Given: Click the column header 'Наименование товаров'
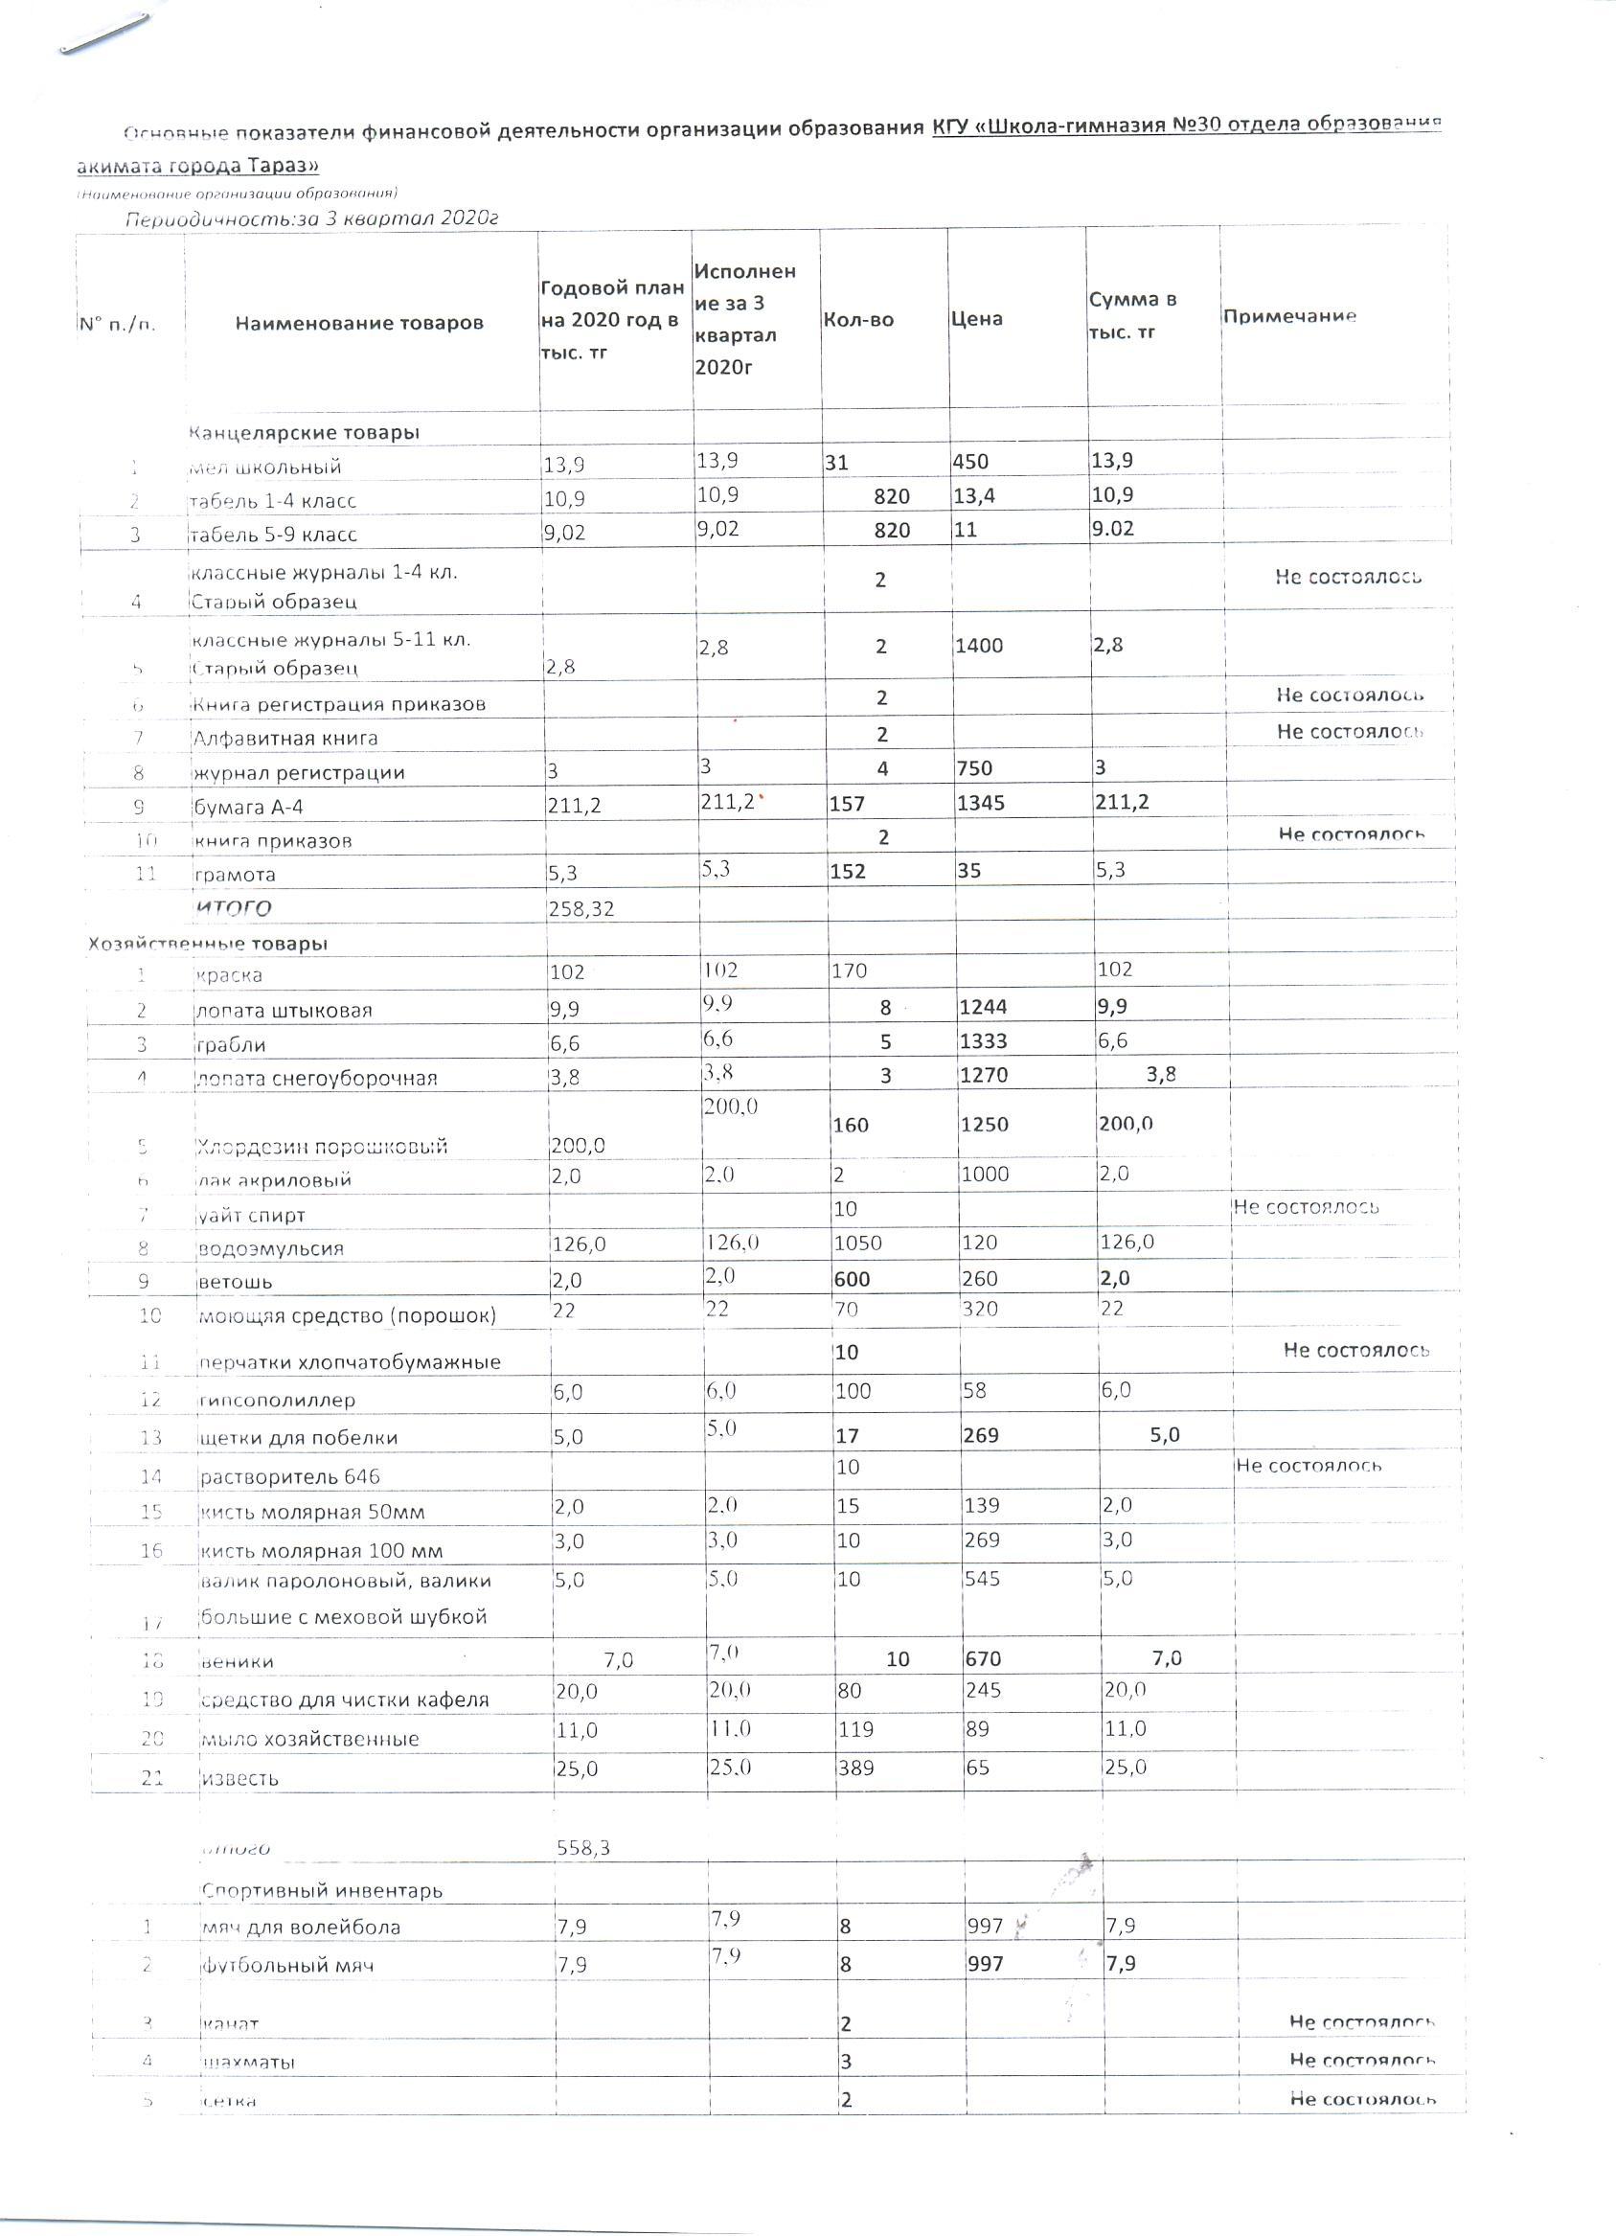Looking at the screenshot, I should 359,323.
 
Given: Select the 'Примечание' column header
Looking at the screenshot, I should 1288,315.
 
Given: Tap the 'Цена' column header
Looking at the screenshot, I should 976,318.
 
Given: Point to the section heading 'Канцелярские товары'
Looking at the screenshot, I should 304,432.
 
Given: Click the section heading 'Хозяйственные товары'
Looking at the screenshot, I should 207,943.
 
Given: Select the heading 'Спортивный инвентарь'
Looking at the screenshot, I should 322,1890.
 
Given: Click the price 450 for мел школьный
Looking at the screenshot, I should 971,462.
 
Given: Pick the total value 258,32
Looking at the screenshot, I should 580,908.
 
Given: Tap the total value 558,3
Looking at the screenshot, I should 583,1848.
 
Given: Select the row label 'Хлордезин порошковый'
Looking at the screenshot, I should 322,1146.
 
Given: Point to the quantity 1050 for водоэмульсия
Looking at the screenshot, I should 857,1243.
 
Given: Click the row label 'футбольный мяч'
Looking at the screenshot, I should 287,1965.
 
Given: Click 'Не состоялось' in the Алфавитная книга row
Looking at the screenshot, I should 1349,731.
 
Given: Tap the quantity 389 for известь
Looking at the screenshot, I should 854,1768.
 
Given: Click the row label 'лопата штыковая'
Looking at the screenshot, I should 284,1010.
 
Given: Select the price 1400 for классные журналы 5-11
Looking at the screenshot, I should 978,646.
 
